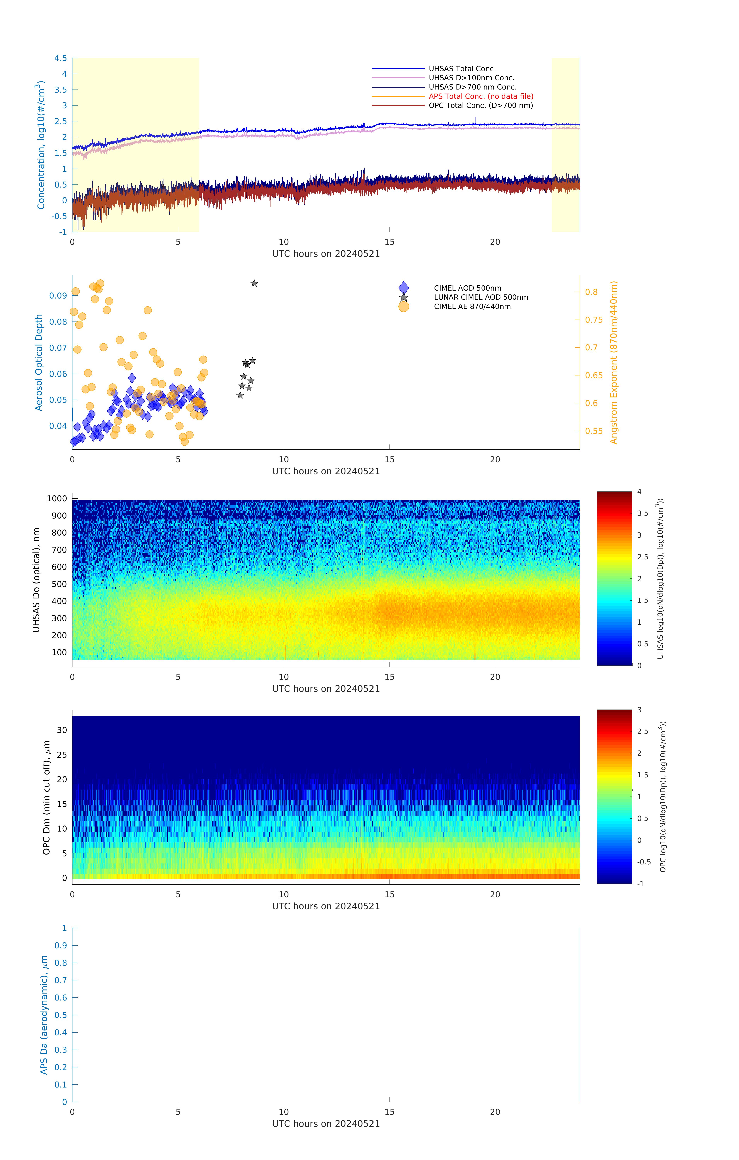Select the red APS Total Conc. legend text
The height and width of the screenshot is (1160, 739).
pos(480,96)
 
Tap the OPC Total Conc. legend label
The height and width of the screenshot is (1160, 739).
pos(480,106)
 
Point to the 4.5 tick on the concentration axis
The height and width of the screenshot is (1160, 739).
pos(61,58)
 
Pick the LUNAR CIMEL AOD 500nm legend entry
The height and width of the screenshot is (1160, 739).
pos(480,297)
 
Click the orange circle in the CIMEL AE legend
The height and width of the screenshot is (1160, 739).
pos(403,306)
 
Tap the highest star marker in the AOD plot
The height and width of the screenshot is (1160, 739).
pos(254,283)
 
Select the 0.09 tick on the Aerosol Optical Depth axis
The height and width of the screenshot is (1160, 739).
pos(58,296)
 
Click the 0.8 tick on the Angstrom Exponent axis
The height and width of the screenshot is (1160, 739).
pos(591,292)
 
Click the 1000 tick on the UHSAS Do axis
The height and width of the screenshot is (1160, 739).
pos(57,499)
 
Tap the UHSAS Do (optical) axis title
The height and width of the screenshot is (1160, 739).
pos(36,580)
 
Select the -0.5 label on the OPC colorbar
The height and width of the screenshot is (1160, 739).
pos(644,862)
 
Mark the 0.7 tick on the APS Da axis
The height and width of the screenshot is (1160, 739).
pos(61,980)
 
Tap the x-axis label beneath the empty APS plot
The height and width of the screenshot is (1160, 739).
pos(326,1123)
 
